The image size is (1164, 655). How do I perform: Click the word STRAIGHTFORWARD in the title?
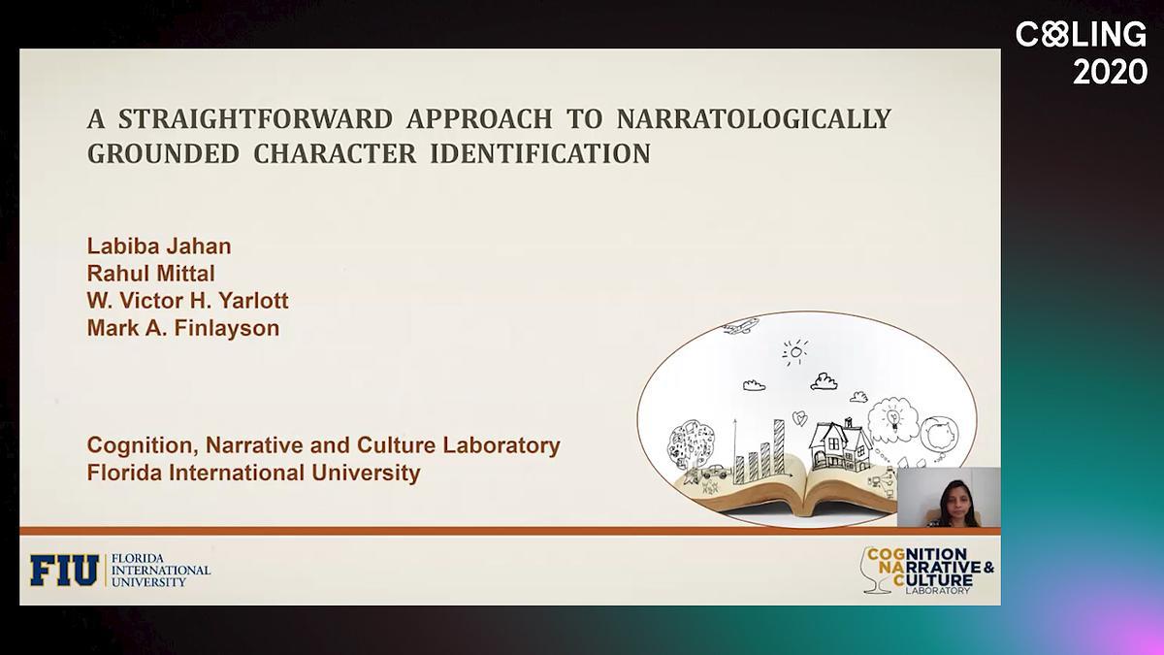255,119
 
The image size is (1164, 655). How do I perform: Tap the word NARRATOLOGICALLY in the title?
754,119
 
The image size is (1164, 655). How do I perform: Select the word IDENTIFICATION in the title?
540,154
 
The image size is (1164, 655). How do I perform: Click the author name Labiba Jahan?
159,246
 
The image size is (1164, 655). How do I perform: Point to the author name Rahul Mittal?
150,274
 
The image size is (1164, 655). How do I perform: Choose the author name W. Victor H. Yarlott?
187,301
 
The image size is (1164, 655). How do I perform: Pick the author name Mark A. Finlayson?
183,328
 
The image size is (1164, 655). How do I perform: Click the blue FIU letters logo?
64,571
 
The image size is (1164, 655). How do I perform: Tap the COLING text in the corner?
1081,34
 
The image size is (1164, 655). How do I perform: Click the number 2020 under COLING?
1110,72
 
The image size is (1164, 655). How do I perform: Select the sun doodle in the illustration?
795,352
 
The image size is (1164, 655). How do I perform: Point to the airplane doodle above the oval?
741,326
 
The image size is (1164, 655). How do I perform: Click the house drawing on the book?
840,444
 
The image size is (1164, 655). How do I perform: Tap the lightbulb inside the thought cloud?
893,417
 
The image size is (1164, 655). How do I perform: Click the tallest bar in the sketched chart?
779,446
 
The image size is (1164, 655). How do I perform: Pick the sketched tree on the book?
691,446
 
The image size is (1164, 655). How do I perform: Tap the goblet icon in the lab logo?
876,571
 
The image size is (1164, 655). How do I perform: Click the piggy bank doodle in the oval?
941,434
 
